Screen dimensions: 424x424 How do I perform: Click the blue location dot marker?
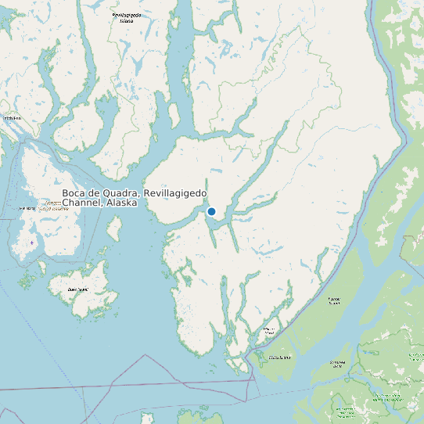point(211,211)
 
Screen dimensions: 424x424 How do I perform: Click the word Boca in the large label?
point(74,193)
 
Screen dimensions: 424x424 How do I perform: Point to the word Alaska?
point(120,203)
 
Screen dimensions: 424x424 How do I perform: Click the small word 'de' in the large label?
point(94,193)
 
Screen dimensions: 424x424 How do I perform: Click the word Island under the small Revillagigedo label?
point(126,21)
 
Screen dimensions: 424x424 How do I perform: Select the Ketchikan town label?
point(11,118)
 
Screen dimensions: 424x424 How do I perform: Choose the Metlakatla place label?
point(27,207)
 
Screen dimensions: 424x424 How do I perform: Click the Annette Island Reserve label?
point(52,208)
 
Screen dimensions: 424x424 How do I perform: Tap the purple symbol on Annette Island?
point(31,243)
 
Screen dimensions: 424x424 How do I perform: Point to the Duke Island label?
point(78,289)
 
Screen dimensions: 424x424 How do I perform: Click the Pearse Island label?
point(334,300)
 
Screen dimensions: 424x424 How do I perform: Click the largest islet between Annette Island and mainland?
point(113,228)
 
